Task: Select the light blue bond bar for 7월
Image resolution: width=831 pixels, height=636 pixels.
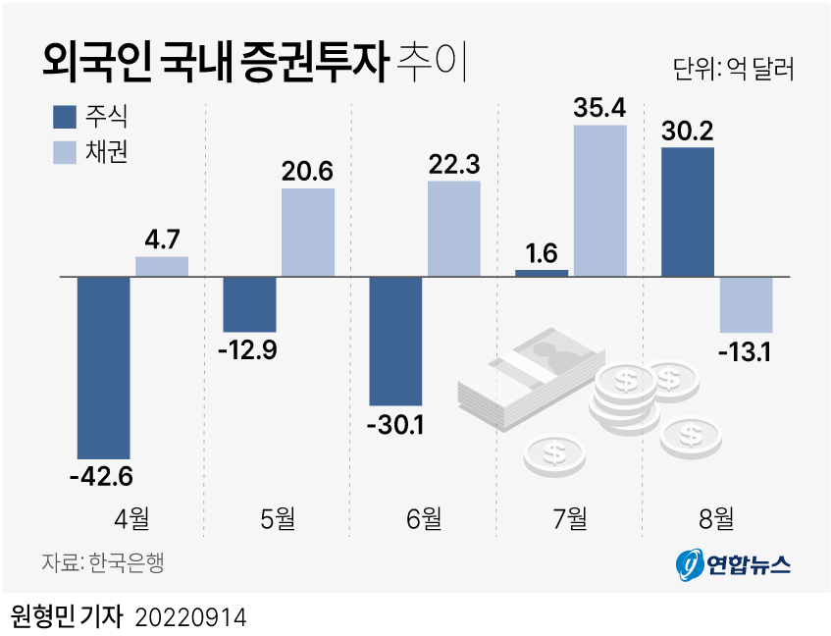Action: [x=599, y=200]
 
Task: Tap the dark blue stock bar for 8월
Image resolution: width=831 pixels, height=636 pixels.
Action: [x=688, y=212]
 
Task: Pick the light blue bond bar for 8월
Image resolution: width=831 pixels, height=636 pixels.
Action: [x=746, y=304]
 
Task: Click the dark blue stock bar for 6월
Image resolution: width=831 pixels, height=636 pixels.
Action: [x=395, y=341]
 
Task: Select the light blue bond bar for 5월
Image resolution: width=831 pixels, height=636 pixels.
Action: [x=307, y=232]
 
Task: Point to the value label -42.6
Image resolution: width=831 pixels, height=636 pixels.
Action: [x=101, y=478]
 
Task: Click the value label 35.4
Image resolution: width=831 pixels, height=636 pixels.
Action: [x=599, y=107]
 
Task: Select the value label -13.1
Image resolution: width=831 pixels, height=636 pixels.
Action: [x=745, y=350]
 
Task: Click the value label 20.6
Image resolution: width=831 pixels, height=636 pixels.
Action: [x=307, y=171]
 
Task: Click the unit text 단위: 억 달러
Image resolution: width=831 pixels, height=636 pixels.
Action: [x=733, y=69]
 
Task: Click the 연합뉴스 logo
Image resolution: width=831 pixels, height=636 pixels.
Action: [x=732, y=563]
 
